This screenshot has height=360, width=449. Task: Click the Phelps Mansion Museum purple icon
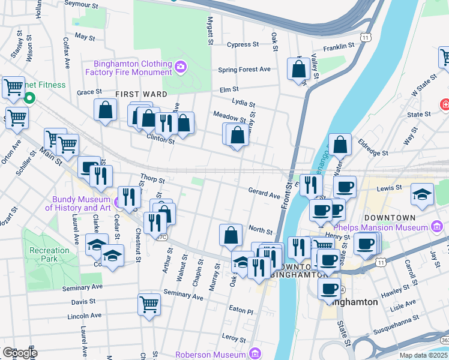pyautogui.click(x=438, y=227)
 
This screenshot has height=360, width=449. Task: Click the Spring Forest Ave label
pyautogui.click(x=244, y=70)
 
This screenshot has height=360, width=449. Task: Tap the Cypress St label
pyautogui.click(x=243, y=44)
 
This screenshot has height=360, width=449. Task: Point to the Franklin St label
pyautogui.click(x=339, y=47)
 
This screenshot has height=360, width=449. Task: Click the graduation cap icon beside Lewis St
pyautogui.click(x=423, y=194)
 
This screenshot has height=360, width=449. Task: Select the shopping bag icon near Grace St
pyautogui.click(x=105, y=110)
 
